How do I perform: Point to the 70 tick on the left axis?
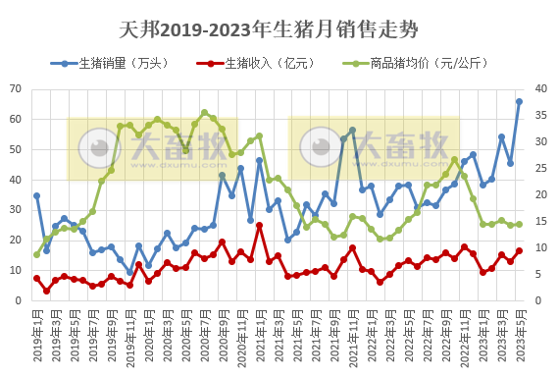coord(16,89)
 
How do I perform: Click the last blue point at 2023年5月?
coord(519,101)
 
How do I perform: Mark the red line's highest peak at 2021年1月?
coord(259,226)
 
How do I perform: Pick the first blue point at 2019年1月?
coord(36,195)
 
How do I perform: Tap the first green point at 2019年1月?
coord(36,254)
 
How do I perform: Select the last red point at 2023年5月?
coord(519,250)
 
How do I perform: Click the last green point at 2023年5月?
coord(519,224)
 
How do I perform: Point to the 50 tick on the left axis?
coord(16,149)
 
